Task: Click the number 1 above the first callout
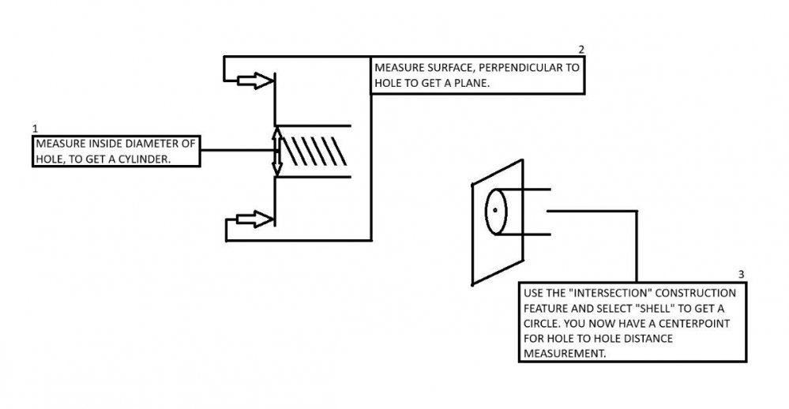(35, 128)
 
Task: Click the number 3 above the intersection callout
(740, 275)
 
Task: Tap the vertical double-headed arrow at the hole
(276, 152)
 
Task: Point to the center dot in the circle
(494, 211)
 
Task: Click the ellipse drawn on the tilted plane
(494, 212)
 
